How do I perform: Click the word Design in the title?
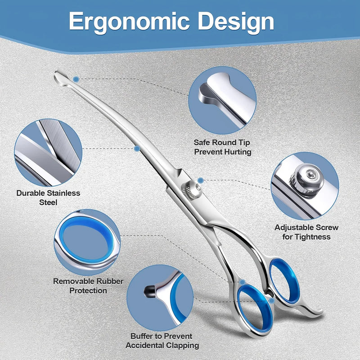[236, 21]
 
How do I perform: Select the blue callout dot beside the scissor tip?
[76, 80]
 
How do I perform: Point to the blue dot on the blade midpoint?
[137, 148]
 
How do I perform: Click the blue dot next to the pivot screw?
[200, 180]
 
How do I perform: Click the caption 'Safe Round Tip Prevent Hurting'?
[222, 147]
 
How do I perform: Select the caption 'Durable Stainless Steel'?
[48, 198]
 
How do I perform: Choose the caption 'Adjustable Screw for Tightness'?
[306, 232]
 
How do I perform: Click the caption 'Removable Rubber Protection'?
[88, 286]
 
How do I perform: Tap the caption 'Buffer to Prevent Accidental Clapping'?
[162, 341]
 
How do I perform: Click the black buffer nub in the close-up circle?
[150, 291]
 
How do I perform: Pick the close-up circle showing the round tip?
[222, 100]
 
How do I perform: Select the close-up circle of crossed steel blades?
[48, 153]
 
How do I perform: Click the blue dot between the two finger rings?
[272, 301]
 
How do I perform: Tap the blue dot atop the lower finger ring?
[243, 282]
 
